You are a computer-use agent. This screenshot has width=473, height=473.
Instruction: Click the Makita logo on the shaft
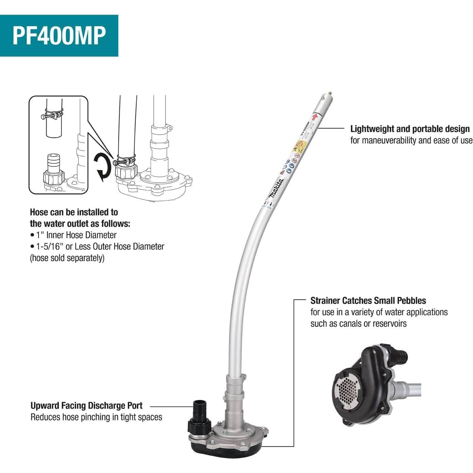(x=276, y=189)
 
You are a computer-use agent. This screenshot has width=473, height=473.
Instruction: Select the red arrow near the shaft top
(x=315, y=117)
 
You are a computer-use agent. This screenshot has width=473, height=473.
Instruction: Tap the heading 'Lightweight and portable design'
(x=410, y=129)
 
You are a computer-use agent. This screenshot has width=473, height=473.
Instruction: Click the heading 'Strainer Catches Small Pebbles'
(x=368, y=301)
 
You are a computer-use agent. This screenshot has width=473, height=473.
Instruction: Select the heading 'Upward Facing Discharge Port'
(x=86, y=405)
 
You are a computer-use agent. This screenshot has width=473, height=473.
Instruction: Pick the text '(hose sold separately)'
(x=67, y=258)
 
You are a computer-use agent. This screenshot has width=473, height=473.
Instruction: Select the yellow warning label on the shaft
(x=300, y=145)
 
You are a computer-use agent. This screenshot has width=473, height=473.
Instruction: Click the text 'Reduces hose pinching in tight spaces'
(x=96, y=417)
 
